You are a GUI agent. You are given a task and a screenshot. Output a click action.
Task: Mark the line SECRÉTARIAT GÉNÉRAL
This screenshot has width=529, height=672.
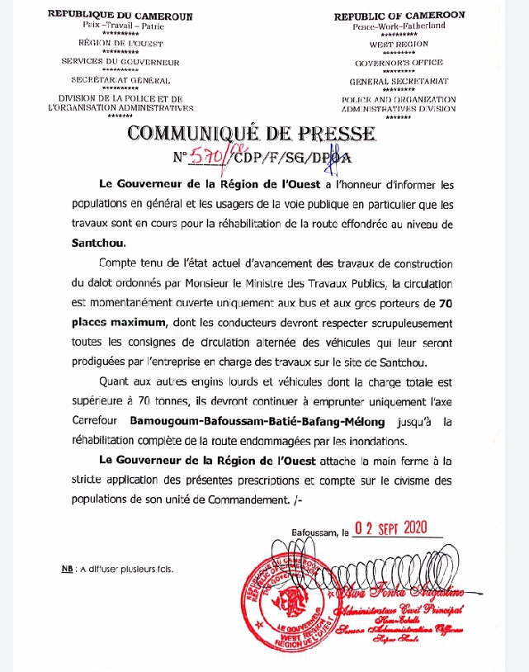coord(121,81)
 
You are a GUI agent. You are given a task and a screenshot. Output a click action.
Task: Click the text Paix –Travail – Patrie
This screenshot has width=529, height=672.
coord(120,26)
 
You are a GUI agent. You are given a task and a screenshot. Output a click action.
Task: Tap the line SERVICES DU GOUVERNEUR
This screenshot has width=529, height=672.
coord(120,62)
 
